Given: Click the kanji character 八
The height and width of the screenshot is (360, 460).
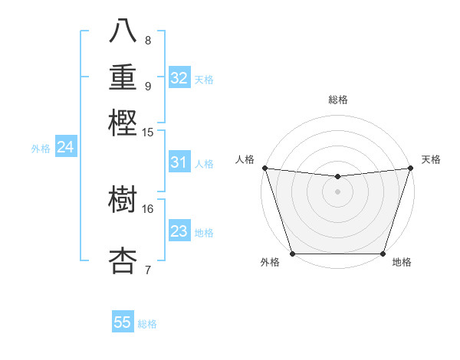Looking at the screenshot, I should (123, 32).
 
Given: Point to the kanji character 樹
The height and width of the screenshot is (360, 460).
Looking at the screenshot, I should (123, 201).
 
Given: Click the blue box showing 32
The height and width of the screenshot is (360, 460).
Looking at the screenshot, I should (179, 78).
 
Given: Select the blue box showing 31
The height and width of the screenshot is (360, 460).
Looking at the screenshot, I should (179, 162).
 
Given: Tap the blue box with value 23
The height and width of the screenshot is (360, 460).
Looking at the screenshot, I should (179, 231).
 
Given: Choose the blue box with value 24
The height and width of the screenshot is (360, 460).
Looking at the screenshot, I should (65, 147).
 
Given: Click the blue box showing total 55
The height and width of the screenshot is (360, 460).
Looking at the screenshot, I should (123, 322).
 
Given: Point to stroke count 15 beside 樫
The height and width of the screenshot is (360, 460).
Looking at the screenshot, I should (148, 133).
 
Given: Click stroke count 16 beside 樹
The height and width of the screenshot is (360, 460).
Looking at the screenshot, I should (148, 208).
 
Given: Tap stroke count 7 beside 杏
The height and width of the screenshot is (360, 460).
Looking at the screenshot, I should (148, 269).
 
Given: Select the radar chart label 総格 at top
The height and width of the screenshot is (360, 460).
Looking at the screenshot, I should (337, 100).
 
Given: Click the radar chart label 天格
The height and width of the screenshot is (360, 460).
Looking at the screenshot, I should (431, 159).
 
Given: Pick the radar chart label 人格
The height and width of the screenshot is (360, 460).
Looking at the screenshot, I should (245, 159).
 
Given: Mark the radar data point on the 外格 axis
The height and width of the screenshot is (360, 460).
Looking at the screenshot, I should (293, 253).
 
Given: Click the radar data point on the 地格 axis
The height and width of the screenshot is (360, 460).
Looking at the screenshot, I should (383, 253).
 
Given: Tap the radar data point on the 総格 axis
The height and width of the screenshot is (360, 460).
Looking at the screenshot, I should (337, 177).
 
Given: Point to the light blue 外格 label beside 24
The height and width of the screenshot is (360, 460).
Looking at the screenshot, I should (41, 149).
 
